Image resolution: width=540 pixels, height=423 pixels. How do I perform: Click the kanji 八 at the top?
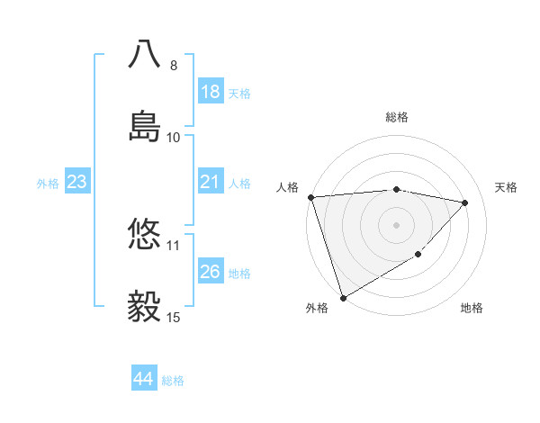coord(145,53)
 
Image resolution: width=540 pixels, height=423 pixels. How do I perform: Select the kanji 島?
coord(145,124)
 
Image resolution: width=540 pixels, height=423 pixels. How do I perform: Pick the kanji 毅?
coord(145,306)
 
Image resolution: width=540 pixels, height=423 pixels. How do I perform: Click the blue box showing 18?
coord(211,92)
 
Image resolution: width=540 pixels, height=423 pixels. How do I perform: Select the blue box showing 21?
coord(211,182)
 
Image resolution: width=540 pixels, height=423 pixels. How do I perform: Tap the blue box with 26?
coord(211,272)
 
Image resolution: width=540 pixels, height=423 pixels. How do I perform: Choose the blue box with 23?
coord(76,182)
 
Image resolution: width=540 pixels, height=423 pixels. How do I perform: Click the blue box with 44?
coord(143,379)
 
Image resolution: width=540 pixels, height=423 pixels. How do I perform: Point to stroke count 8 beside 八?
coord(174,66)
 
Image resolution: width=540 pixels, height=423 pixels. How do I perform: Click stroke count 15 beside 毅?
coord(174,317)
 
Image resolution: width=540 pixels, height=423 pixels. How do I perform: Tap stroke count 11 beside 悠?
coord(174,245)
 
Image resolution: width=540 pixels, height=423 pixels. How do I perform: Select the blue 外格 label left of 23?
coord(48,183)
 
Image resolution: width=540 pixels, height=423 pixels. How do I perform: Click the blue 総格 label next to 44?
coord(173,380)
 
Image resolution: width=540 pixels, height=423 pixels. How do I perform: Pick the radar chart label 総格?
coord(397,117)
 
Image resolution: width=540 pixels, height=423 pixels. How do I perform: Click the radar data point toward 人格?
coord(310,197)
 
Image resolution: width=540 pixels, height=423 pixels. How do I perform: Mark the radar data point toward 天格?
coord(465,202)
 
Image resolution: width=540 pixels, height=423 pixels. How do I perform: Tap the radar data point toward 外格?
coord(343,298)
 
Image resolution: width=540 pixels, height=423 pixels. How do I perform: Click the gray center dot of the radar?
coord(397,224)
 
